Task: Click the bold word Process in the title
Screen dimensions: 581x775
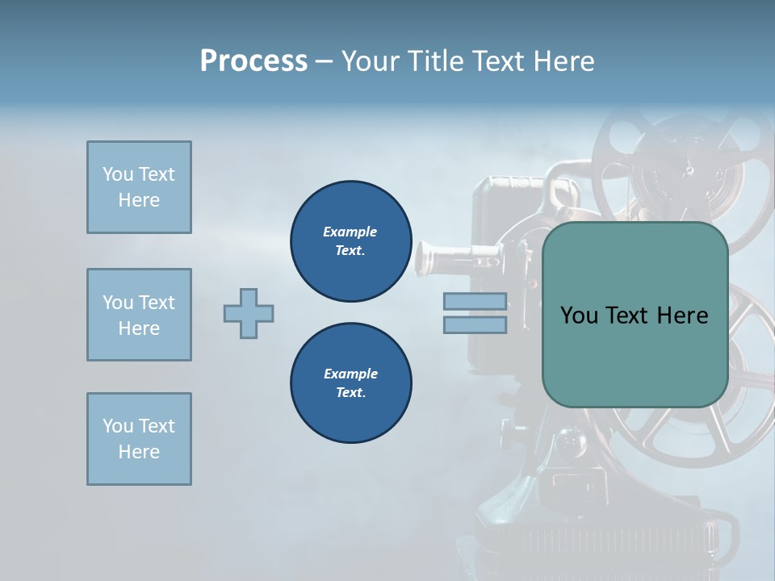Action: point(253,61)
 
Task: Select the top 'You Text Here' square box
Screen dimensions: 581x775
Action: point(139,187)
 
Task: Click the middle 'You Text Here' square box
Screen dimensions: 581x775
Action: point(139,315)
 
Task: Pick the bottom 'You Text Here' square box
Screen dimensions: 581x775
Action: point(139,439)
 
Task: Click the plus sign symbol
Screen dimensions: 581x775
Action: point(249,313)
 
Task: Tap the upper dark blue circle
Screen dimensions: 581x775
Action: point(350,240)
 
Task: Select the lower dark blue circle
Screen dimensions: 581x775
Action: point(350,382)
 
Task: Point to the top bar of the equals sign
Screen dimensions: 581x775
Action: point(475,302)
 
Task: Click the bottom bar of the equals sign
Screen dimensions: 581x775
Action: point(475,325)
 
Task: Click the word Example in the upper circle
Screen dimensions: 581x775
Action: point(350,232)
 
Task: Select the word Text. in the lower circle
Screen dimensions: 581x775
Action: point(350,393)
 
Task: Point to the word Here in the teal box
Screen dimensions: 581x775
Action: point(682,316)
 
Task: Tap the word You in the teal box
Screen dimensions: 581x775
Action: point(579,316)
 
